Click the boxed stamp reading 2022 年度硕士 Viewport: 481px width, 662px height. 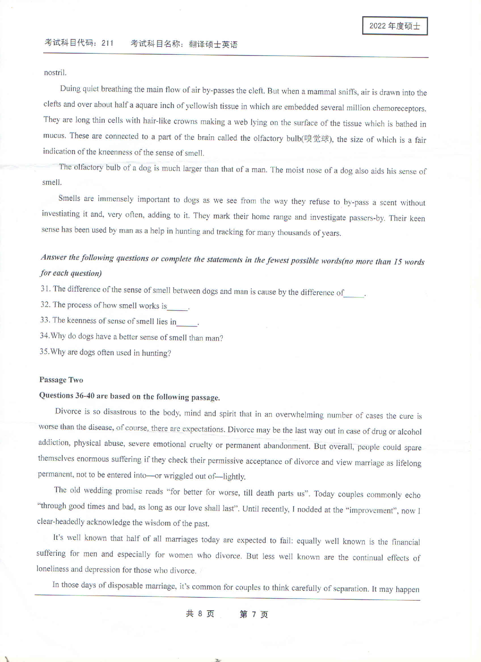(x=395, y=26)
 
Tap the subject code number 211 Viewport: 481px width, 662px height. (x=107, y=43)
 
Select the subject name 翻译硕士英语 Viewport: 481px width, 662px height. (x=213, y=45)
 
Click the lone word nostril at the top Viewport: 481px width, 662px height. (x=55, y=73)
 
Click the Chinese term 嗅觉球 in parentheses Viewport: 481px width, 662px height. (x=317, y=139)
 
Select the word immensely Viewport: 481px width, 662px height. (x=115, y=199)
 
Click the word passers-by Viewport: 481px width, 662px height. (x=366, y=218)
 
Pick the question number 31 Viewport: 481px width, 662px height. (x=45, y=289)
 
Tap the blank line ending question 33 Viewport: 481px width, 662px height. (x=187, y=324)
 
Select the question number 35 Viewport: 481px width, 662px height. (x=44, y=352)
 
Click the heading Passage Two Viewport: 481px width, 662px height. (x=61, y=380)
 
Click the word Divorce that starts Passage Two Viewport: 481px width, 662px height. (x=68, y=411)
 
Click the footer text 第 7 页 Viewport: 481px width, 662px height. (x=254, y=614)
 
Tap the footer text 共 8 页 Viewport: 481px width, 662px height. (x=200, y=614)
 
